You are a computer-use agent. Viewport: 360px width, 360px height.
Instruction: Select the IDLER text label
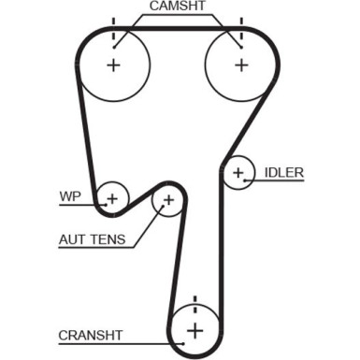tap(284, 172)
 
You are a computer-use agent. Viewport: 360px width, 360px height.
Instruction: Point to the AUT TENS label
tap(92, 240)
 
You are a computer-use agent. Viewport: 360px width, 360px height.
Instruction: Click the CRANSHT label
tap(91, 333)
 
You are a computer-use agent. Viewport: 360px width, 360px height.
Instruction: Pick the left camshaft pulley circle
tap(114, 65)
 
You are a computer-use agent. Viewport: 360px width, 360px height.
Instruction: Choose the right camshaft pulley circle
tap(241, 65)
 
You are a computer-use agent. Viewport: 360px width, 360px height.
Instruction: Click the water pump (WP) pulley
tap(112, 197)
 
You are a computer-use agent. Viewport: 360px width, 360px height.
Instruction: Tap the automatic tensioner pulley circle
tap(168, 199)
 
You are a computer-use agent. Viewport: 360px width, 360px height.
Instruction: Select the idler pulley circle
tap(239, 172)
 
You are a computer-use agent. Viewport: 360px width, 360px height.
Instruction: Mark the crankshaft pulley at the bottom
tap(194, 329)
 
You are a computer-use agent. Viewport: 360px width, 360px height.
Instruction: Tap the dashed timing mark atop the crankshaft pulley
tap(194, 304)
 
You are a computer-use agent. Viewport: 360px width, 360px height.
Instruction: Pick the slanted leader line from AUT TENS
tap(148, 225)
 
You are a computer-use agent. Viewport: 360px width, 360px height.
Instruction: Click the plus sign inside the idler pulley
tap(239, 172)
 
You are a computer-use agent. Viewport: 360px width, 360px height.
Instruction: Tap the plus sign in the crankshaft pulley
tap(194, 329)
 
